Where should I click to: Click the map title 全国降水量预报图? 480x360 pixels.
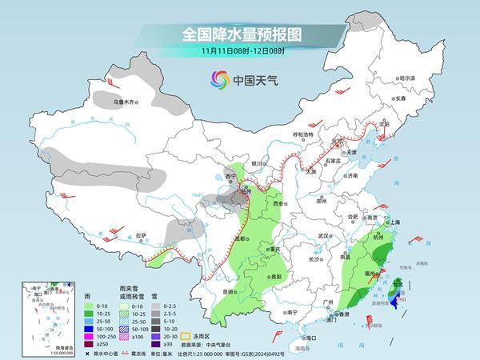(x=240, y=34)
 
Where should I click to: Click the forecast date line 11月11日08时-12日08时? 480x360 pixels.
(x=240, y=52)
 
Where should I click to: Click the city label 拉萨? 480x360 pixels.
(x=142, y=235)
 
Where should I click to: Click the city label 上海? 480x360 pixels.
(x=393, y=222)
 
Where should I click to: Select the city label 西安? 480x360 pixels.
(x=278, y=204)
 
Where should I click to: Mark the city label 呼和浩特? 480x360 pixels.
(x=303, y=135)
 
